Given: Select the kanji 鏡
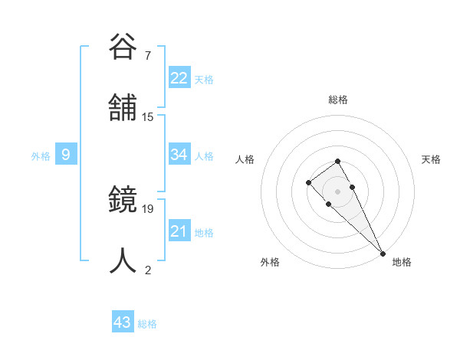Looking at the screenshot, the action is point(123,201).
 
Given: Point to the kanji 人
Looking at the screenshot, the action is point(123,260).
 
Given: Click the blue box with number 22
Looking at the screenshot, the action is point(179,78).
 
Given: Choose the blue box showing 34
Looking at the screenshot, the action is point(179,155).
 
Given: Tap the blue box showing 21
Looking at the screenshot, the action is point(179,231).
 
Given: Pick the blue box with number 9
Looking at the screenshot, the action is point(66,155).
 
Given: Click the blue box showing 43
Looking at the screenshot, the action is point(123,322).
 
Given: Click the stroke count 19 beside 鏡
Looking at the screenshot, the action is point(148,208).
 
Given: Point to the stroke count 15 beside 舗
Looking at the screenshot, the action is point(148,116).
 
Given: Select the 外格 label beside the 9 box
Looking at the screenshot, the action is point(41,156).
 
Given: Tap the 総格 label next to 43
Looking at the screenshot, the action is point(147,324).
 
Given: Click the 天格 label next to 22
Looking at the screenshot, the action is point(204,80).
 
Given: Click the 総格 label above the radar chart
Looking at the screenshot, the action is point(337,100).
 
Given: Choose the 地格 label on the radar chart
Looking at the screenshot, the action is point(402,262).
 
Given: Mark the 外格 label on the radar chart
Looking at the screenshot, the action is point(270,262).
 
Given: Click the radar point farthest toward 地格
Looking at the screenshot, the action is point(383,253).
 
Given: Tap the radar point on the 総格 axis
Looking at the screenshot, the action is point(337,161).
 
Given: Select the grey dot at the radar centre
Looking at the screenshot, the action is point(337,191).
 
